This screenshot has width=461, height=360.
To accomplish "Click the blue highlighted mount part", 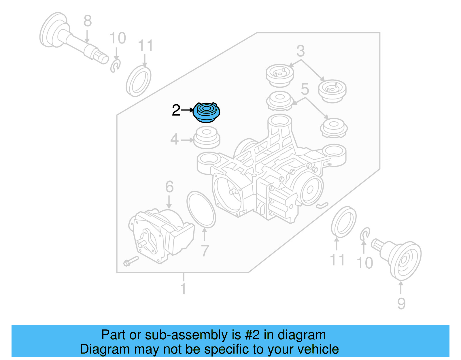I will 206,112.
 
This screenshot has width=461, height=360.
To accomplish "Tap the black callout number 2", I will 176,110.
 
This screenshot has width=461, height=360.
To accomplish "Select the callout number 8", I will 88,21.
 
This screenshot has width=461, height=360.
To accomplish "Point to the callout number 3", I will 301,51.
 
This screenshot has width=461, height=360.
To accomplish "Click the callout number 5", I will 305,89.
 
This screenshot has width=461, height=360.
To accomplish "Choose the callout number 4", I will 174,140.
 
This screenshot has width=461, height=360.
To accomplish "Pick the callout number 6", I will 169,187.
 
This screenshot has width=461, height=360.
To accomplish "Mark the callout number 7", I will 205,251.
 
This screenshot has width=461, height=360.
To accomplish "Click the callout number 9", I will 401,304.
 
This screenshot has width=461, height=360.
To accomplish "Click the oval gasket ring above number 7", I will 201,210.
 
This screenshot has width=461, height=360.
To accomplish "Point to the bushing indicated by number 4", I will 206,138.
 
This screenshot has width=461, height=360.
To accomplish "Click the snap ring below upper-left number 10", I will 115,66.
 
